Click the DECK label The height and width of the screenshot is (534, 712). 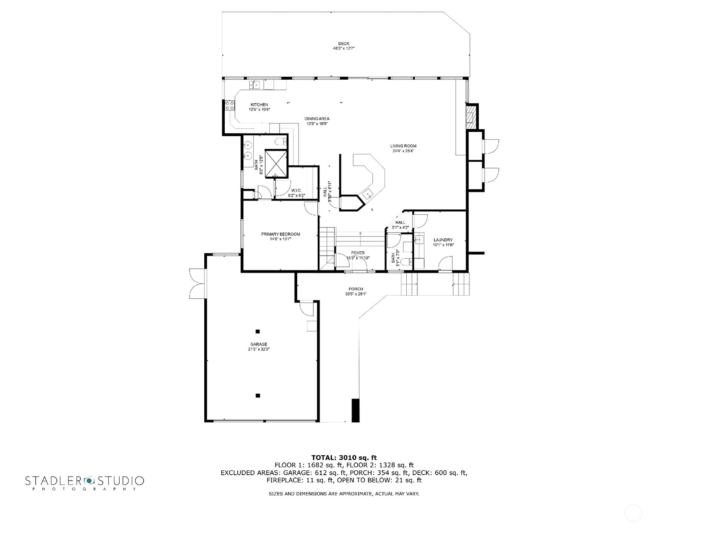pyautogui.click(x=343, y=43)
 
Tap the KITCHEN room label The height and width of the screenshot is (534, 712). pyautogui.click(x=259, y=105)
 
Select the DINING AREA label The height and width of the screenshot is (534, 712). pyautogui.click(x=317, y=118)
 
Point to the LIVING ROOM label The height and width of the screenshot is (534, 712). pyautogui.click(x=403, y=146)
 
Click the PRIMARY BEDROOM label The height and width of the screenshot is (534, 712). pyautogui.click(x=280, y=234)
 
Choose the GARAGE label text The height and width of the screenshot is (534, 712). pyautogui.click(x=259, y=344)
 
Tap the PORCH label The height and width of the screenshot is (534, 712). pyautogui.click(x=356, y=289)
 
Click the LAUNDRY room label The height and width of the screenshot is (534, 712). pyautogui.click(x=443, y=240)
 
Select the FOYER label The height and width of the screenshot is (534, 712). pyautogui.click(x=357, y=253)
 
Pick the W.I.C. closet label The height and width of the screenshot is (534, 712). pyautogui.click(x=296, y=191)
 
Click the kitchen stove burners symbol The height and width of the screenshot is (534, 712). pyautogui.click(x=230, y=106)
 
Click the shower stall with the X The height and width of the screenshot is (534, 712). pyautogui.click(x=276, y=162)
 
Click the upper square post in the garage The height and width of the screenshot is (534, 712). pyautogui.click(x=258, y=331)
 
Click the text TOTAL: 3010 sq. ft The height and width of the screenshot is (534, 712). pyautogui.click(x=344, y=457)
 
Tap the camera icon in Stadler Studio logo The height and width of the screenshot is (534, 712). pyautogui.click(x=89, y=481)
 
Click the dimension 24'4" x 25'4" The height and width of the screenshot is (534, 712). pyautogui.click(x=403, y=151)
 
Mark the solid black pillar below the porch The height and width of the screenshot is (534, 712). pyautogui.click(x=355, y=410)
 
